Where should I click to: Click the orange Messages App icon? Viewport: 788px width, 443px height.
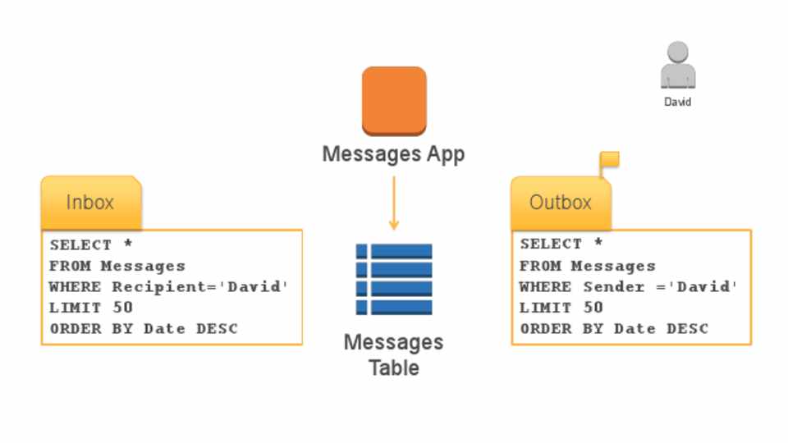394,101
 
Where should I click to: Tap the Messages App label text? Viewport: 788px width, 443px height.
393,153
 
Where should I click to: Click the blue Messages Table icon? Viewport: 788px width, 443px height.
394,279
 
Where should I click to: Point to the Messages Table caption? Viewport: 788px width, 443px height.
393,354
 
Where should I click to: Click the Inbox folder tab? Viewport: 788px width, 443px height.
90,203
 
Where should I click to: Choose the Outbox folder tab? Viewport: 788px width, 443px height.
561,203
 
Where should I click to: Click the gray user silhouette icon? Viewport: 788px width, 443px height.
678,65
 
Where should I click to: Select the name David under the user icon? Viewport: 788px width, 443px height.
678,103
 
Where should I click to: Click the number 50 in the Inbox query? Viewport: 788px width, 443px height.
122,308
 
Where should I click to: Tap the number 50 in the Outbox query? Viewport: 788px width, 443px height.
593,308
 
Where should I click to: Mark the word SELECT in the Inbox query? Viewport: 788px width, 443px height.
80,244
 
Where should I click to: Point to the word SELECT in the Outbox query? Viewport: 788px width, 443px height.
551,244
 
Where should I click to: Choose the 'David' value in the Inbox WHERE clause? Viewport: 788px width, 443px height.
259,287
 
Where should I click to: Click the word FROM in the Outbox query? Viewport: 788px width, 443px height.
540,266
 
